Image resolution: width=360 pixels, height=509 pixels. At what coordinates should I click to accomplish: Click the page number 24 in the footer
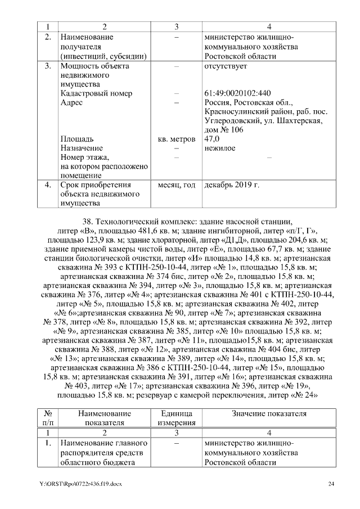coord(331,484)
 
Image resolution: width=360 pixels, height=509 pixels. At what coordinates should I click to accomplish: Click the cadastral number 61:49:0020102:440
coord(238,93)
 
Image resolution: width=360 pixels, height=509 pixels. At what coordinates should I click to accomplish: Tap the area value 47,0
coord(212,138)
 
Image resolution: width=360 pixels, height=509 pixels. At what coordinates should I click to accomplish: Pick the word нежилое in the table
coord(220,148)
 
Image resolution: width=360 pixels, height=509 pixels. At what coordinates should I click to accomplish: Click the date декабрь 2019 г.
coord(232,184)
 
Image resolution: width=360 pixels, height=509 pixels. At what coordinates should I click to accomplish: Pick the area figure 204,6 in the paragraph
coord(302,240)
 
